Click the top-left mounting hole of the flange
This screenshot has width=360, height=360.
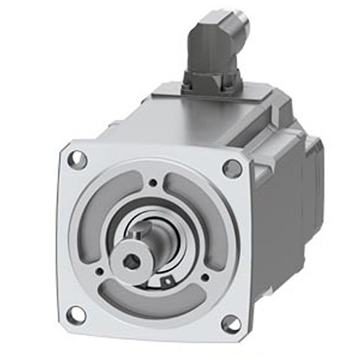tap(78, 160)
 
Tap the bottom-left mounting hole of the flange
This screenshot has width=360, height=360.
tap(76, 313)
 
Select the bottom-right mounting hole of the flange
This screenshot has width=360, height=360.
tap(230, 324)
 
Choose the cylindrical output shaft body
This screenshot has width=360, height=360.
tap(154, 243)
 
